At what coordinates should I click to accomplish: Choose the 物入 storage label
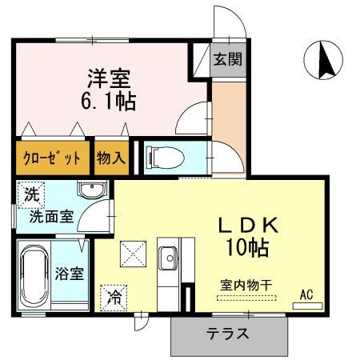coord(111,158)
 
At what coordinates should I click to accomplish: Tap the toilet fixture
coord(164,156)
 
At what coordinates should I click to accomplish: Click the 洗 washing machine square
coord(30,194)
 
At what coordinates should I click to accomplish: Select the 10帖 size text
coord(250,246)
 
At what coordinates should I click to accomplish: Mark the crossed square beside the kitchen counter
coord(131,254)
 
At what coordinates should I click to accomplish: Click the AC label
coord(306,295)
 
